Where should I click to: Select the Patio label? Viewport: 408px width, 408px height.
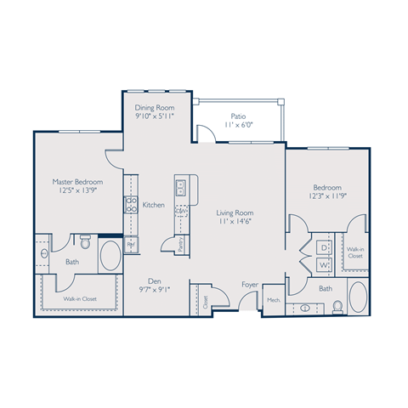point(239,116)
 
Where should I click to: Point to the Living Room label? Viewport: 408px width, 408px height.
point(235,213)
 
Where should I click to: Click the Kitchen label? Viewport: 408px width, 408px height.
point(153,205)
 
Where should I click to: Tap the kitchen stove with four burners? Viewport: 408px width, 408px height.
point(132,204)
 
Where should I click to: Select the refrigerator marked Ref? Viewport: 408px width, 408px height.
point(131,245)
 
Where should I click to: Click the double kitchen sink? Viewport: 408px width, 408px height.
point(181,187)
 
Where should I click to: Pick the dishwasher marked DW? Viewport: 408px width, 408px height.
point(181,212)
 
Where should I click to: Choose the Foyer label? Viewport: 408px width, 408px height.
point(250,285)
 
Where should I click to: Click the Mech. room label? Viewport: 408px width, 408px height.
point(274,300)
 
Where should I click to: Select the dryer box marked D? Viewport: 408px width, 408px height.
point(324,246)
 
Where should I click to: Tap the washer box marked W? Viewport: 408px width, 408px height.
point(324,264)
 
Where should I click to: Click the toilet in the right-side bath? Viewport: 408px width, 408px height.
point(337,305)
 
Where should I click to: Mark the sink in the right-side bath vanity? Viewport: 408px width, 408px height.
point(304,308)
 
